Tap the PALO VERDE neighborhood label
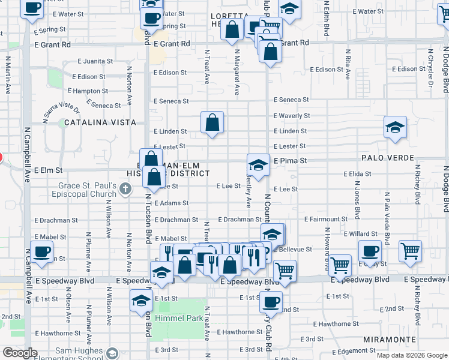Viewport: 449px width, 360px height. pos(388,158)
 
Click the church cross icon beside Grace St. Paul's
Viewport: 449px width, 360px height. pos(125,190)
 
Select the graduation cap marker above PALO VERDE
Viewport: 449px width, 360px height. pos(394,128)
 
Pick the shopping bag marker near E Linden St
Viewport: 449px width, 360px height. pos(212,123)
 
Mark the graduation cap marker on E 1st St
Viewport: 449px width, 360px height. pos(141,300)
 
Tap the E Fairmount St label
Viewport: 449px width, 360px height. pos(327,220)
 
